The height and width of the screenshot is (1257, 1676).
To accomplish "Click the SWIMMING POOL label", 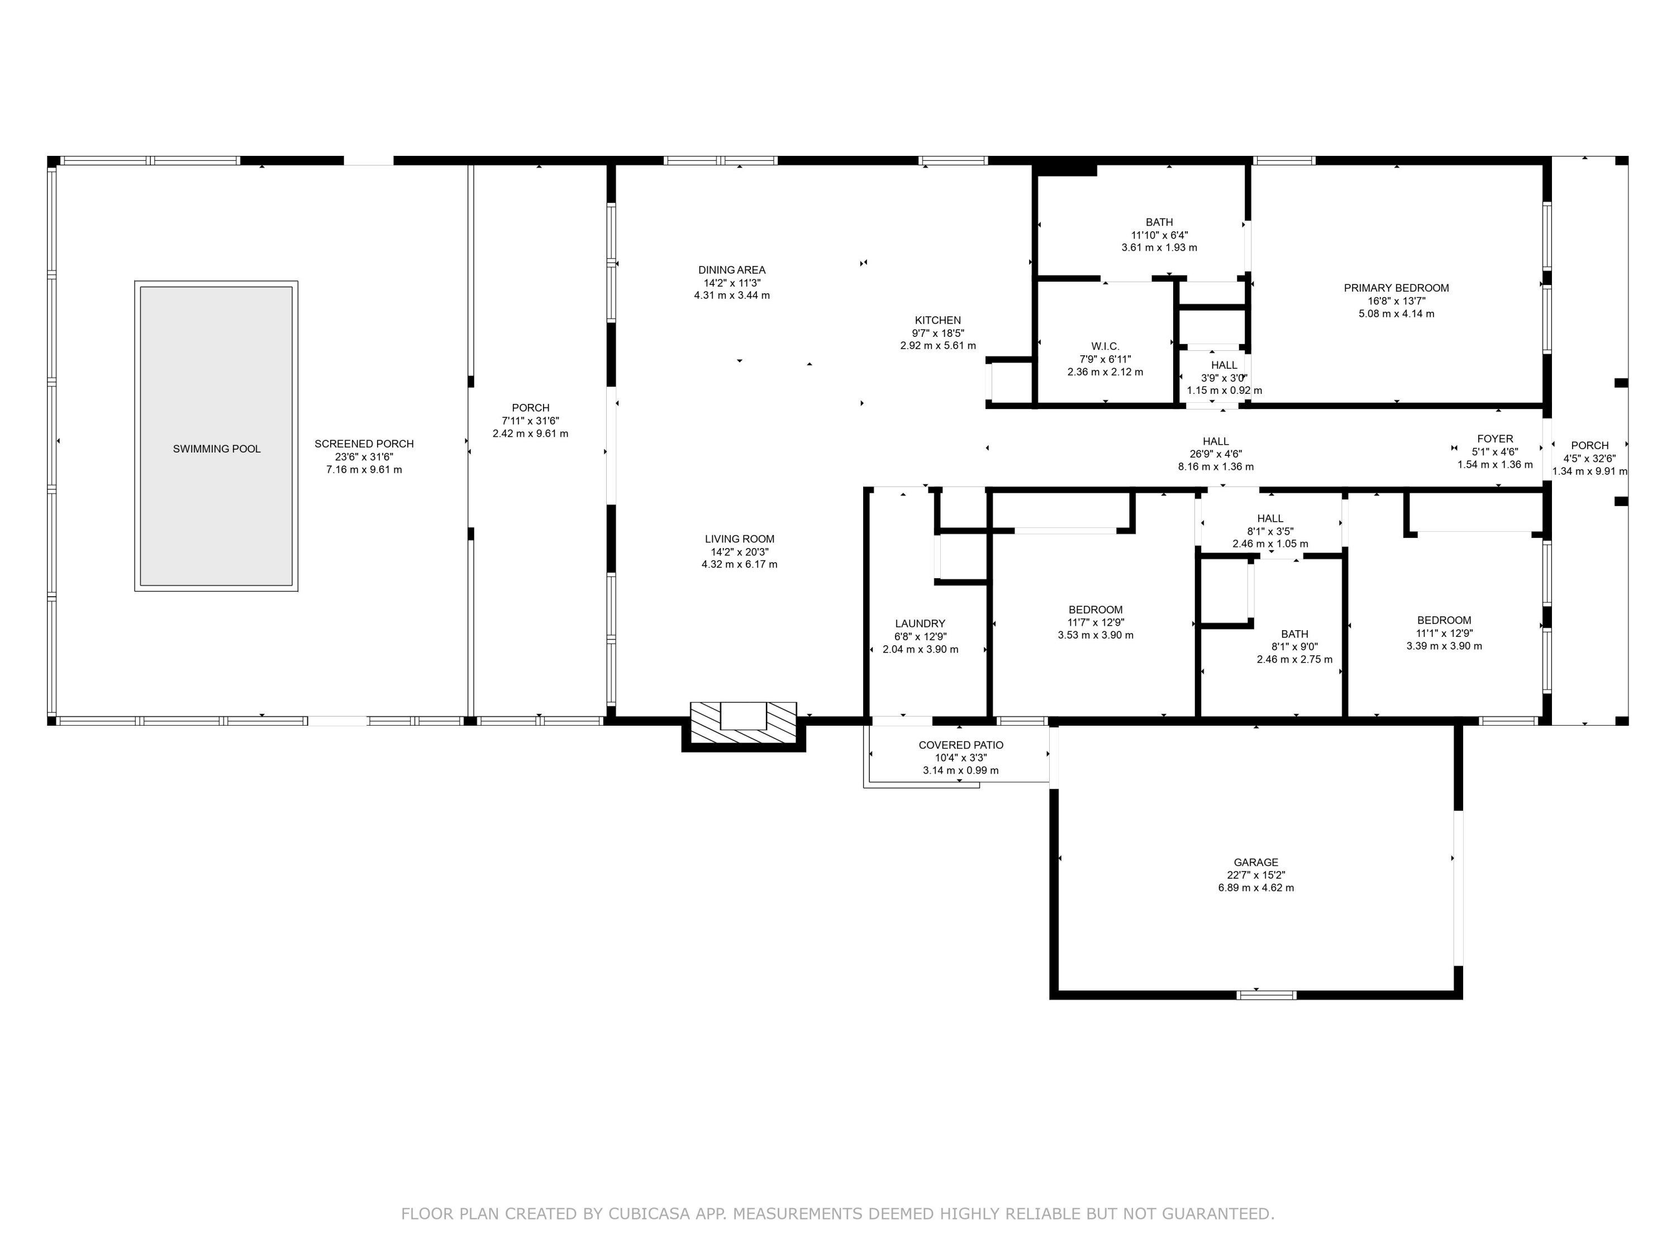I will tap(216, 449).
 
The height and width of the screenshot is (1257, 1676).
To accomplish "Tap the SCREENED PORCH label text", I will tap(364, 444).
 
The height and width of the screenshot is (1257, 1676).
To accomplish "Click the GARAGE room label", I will tap(1255, 862).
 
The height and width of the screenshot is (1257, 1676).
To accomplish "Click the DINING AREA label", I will tap(731, 270).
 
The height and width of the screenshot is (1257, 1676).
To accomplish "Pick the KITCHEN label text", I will tap(937, 321).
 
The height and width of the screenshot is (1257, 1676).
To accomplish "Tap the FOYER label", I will tap(1494, 439).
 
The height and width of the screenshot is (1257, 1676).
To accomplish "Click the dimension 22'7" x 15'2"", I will tap(1255, 875).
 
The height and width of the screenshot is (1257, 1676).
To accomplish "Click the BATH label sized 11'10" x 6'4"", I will tap(1159, 222).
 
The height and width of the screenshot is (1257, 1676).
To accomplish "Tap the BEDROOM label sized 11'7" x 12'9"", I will tap(1095, 610).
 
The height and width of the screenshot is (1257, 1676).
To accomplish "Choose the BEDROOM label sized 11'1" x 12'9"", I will tap(1444, 621).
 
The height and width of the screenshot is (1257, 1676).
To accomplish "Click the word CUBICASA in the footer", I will tap(648, 1214).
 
